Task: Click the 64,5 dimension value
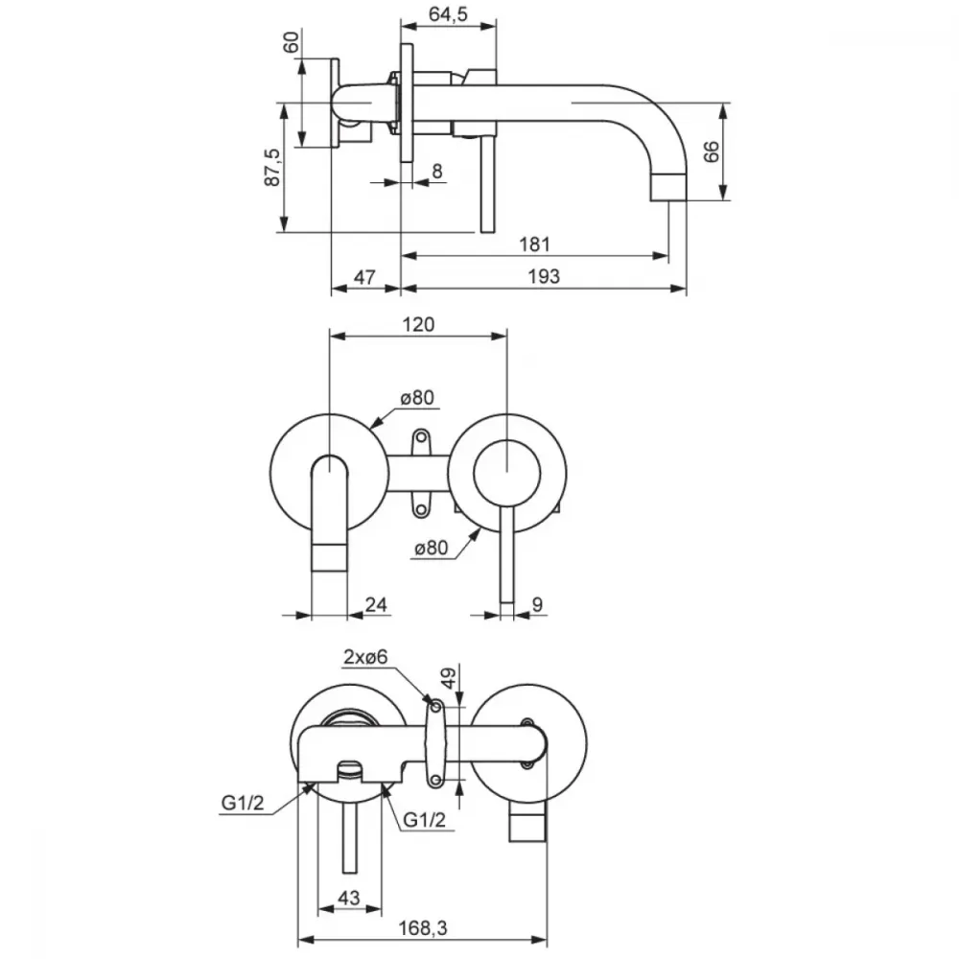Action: pos(448,13)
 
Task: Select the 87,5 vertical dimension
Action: pos(272,167)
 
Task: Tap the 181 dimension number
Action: pos(534,244)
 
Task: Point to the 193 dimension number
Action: pos(544,276)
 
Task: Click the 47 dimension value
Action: pos(364,277)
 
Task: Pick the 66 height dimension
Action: pos(712,152)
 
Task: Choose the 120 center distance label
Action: pos(418,324)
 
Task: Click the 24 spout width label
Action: pos(376,604)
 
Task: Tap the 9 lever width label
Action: pos(537,604)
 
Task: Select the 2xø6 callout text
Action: pos(365,657)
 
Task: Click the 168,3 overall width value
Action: pos(423,927)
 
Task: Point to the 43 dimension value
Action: pos(349,898)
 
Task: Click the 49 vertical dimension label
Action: pos(448,678)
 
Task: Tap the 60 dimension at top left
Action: pos(292,42)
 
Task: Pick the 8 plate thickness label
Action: pos(436,172)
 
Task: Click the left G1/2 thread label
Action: pos(243,803)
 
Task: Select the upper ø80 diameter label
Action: pos(418,398)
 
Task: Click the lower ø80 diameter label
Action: pos(432,548)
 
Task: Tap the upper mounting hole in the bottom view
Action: pos(436,708)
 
